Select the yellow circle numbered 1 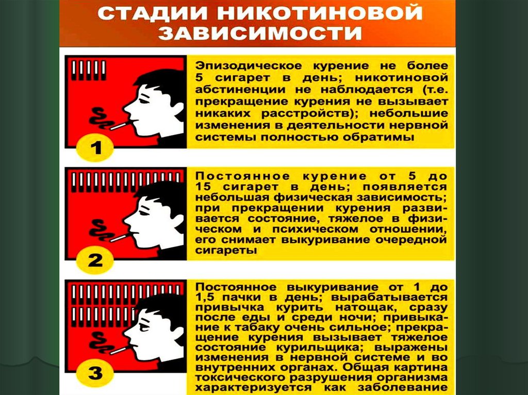(x=95, y=148)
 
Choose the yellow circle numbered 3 (x=95, y=373)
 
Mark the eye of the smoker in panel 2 (x=144, y=213)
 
